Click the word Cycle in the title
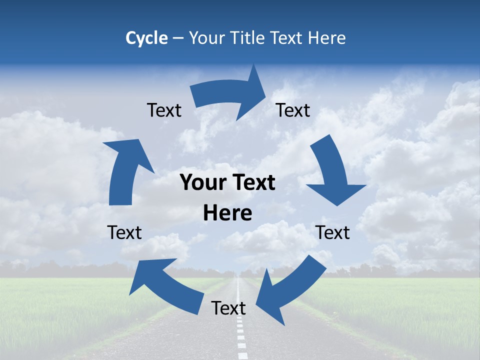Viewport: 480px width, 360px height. [146, 38]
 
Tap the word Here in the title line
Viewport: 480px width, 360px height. [325, 38]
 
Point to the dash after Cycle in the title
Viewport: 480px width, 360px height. [178, 38]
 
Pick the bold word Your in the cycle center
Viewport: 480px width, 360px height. [200, 183]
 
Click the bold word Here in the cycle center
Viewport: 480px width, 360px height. [227, 213]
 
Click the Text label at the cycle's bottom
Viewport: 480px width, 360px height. [228, 308]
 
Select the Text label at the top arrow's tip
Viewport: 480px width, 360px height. [293, 110]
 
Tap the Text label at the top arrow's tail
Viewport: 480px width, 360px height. [164, 110]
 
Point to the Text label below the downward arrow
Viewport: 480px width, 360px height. [333, 232]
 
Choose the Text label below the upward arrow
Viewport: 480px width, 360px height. [124, 232]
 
